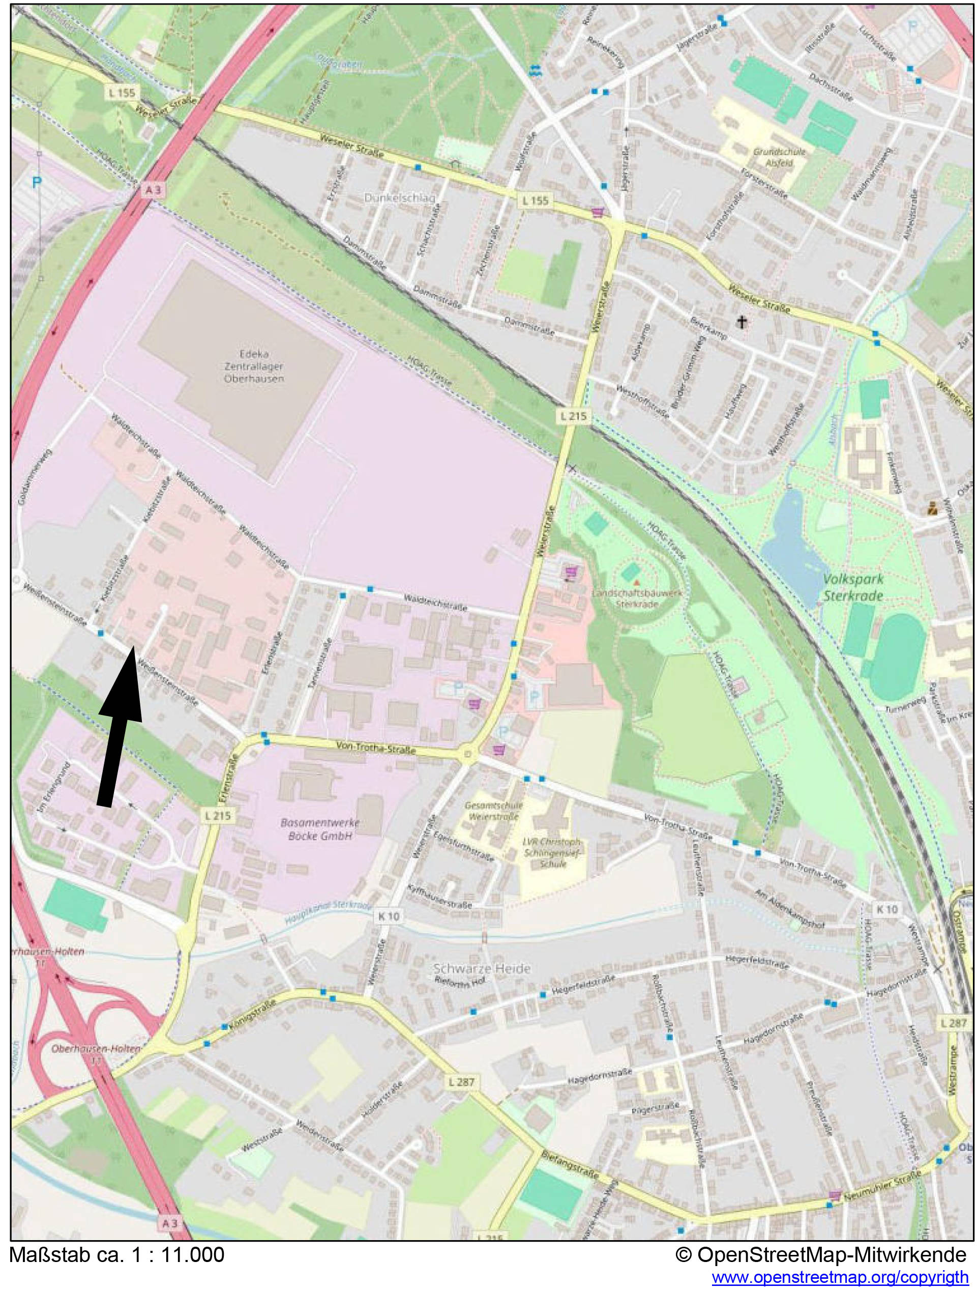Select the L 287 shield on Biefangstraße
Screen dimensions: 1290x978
coord(462,1082)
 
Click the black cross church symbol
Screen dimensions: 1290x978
coord(742,321)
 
